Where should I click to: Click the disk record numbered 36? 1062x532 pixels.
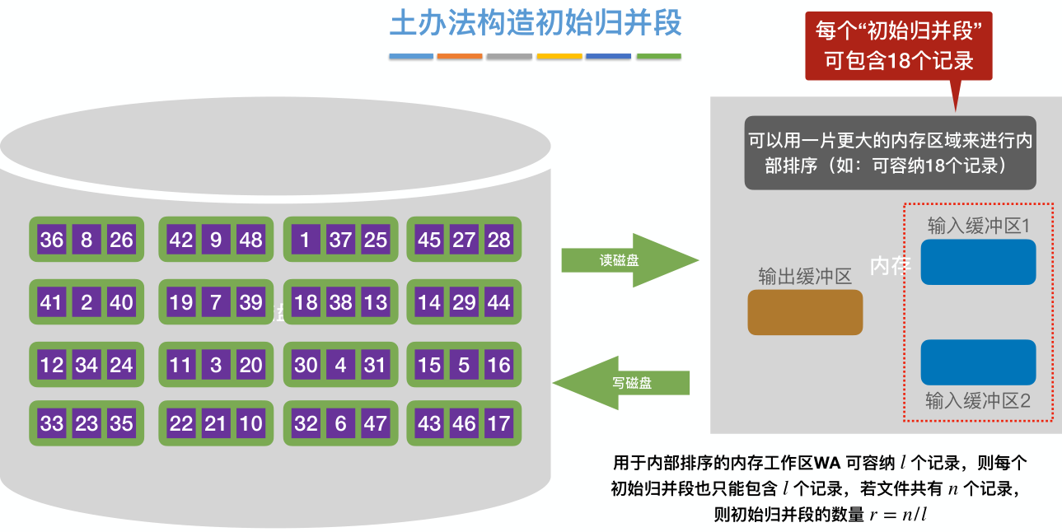[51, 240]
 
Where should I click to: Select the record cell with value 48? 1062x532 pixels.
[250, 240]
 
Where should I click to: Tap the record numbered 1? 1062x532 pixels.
[306, 240]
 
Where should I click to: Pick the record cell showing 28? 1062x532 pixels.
[498, 240]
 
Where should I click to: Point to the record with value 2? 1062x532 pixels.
[87, 302]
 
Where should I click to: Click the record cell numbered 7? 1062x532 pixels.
[216, 302]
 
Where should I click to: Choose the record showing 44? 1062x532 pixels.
[498, 302]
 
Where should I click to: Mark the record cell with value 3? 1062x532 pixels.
[216, 365]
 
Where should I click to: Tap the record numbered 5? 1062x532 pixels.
[464, 365]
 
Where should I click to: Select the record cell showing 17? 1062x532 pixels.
[498, 423]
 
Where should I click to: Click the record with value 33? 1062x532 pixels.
[51, 423]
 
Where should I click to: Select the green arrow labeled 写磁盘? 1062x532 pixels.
[623, 383]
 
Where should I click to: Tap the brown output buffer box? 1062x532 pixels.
[805, 313]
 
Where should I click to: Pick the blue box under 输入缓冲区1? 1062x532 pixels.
[978, 262]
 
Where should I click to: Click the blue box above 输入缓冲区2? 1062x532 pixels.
[978, 362]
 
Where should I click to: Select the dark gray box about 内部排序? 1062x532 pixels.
[890, 152]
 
